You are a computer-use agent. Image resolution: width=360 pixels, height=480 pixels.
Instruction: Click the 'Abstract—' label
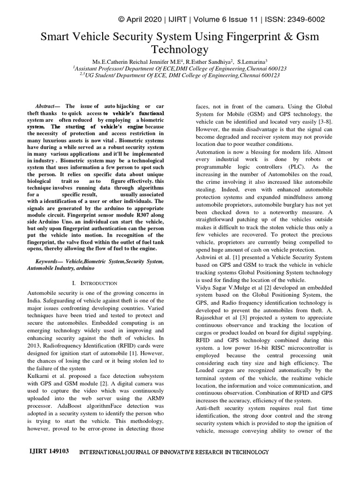coord(49,106)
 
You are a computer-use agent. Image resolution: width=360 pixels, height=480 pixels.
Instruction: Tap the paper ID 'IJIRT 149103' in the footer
coord(43,452)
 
